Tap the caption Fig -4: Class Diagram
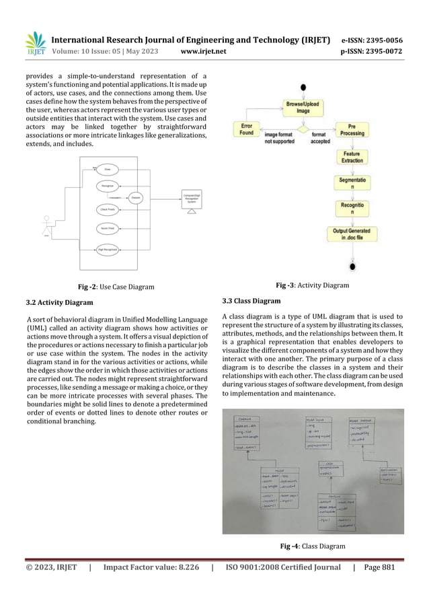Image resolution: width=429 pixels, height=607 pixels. [315, 546]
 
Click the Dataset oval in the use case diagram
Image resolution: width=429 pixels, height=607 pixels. [135, 197]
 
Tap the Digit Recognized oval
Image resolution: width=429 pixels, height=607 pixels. [108, 250]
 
